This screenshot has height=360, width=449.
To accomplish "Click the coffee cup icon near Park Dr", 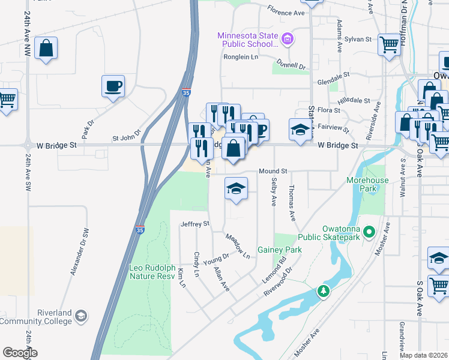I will coord(113,86).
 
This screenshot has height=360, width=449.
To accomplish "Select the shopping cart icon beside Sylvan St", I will coord(389,44).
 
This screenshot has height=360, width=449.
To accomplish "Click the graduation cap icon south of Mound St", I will coord(237,189).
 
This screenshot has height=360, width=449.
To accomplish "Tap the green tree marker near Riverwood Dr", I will coord(324,292).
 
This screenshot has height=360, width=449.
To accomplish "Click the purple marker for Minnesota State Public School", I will coord(288,40).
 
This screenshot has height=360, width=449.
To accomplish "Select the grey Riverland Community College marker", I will coord(81,315).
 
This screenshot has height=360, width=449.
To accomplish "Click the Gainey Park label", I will coord(279,250).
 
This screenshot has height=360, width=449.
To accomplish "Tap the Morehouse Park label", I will coord(367,184).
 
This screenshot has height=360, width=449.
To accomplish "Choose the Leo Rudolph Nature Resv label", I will coord(154,272).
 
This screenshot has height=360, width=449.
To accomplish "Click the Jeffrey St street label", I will coord(194,224).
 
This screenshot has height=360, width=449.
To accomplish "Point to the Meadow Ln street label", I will coord(238,247).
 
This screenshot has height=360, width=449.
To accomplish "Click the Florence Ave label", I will coord(286,12).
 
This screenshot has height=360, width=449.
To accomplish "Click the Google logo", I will coord(20,353).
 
